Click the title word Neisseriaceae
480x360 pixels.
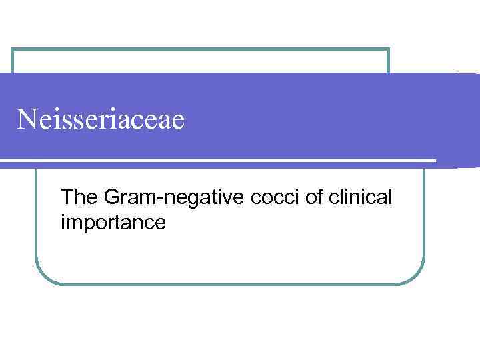101,120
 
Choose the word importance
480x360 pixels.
113,223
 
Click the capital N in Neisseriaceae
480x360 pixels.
27,120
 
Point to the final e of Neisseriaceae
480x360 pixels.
178,123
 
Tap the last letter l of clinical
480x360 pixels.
390,197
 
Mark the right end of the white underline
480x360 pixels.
435,161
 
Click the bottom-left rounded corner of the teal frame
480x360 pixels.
42,277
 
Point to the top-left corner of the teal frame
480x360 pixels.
13,49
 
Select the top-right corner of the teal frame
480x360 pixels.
388,49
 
